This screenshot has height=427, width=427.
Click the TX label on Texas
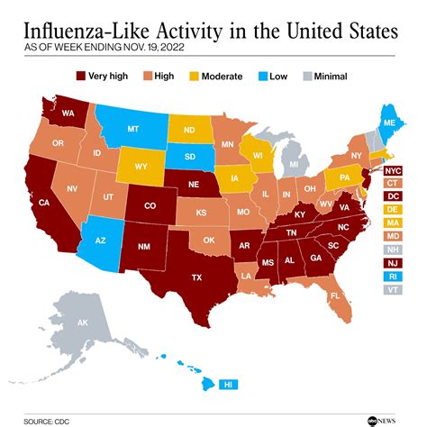point(195,278)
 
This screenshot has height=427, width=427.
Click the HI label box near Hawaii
point(231,384)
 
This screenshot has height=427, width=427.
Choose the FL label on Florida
point(334,295)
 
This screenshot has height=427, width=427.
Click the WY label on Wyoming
point(141,168)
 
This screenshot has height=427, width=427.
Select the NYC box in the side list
point(392,170)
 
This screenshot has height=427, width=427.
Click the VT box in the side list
point(392,290)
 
